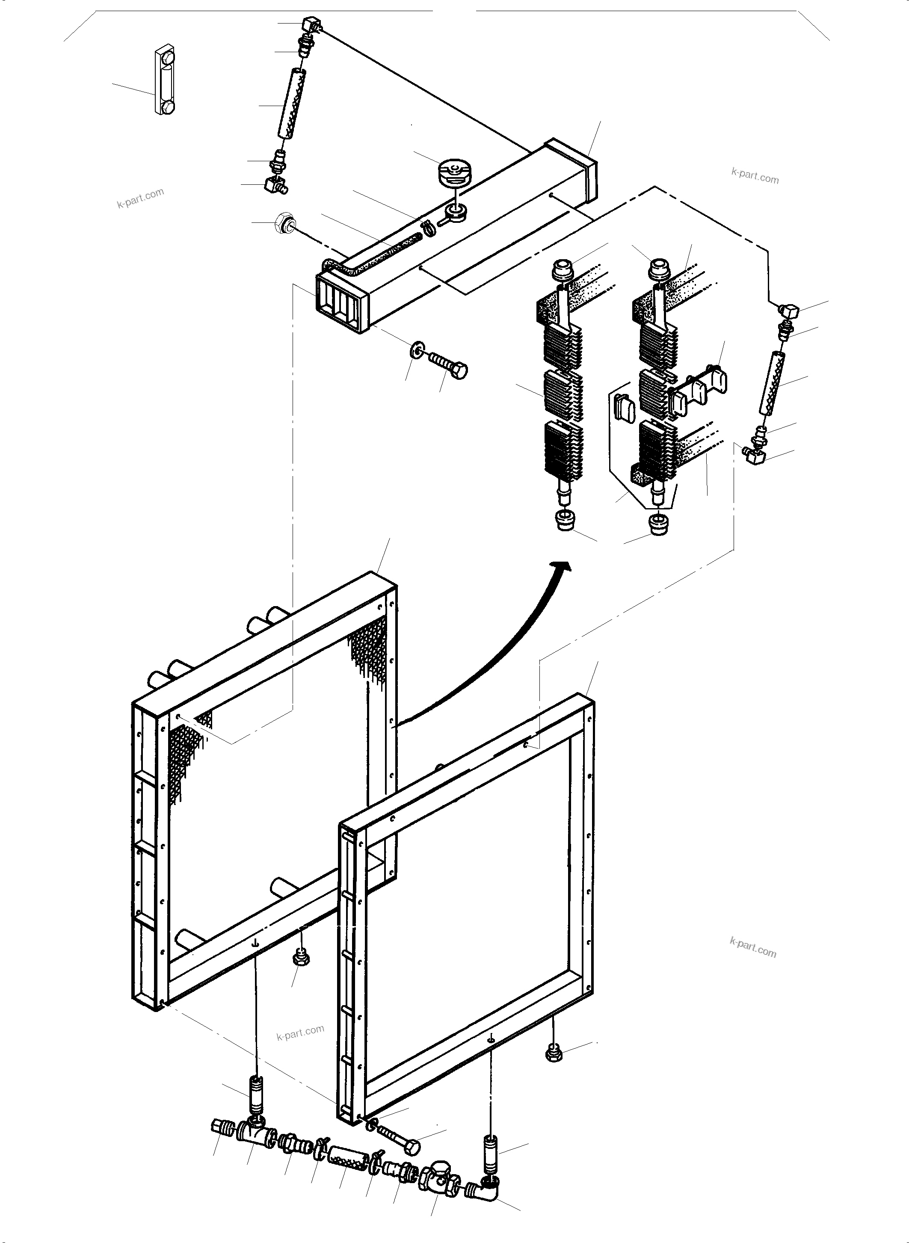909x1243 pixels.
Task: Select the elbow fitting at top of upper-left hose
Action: point(311,25)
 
